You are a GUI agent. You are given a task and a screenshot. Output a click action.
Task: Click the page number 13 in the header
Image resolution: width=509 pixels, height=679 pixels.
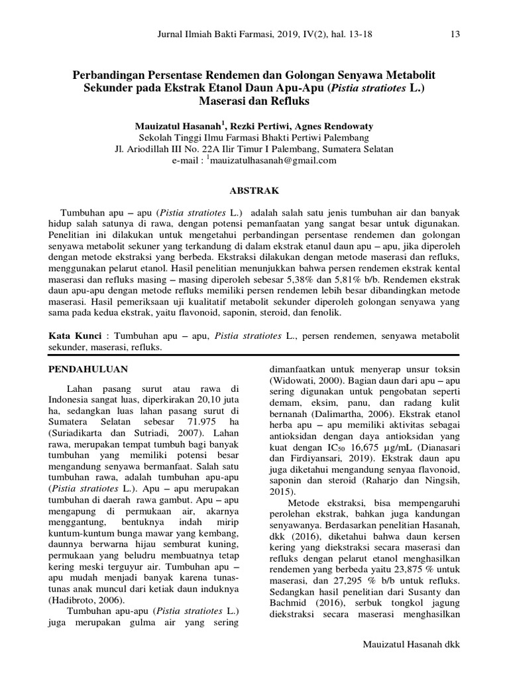(454, 34)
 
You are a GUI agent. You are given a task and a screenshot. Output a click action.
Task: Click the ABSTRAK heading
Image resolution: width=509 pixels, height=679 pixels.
(254, 190)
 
